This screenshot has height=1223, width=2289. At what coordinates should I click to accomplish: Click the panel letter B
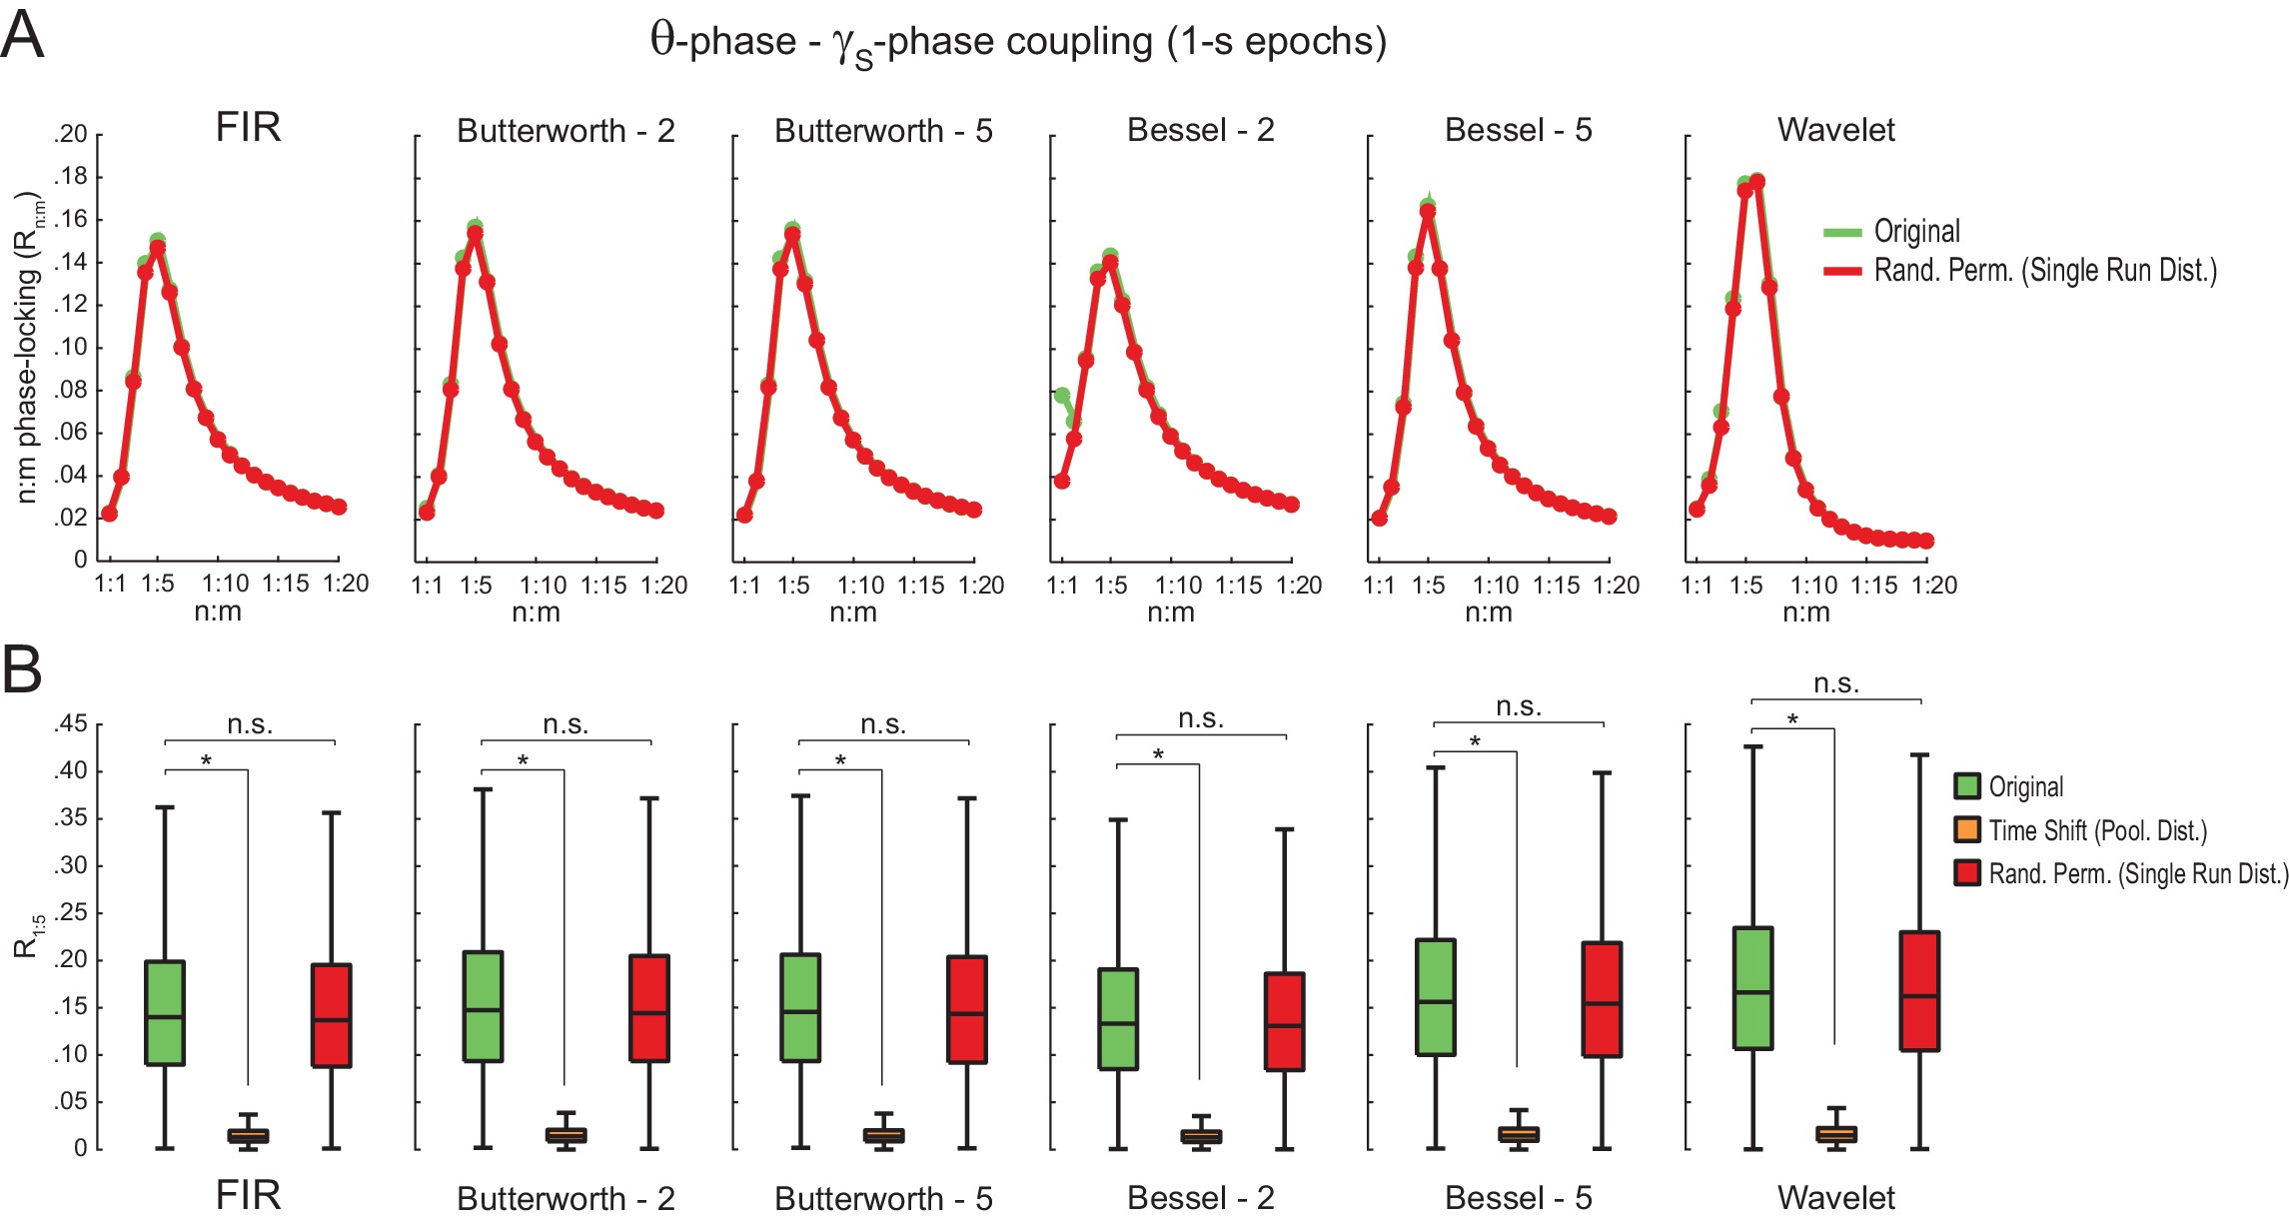(x=22, y=669)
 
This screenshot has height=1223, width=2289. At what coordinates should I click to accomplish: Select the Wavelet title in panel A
(x=1835, y=130)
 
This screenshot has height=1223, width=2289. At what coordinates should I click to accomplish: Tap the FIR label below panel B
(x=248, y=1195)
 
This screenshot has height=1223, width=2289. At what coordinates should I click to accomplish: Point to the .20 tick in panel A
(x=70, y=134)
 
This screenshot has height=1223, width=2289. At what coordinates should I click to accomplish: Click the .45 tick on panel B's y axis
(x=70, y=723)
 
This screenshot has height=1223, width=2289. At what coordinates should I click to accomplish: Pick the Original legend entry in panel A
(x=1915, y=232)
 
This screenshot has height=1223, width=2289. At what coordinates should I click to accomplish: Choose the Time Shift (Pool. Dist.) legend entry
(x=2096, y=830)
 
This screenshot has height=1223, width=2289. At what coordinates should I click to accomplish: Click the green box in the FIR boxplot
(x=165, y=1012)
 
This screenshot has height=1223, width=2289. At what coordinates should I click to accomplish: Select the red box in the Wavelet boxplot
(x=1919, y=990)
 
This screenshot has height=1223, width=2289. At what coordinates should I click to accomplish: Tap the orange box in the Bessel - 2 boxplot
(x=1201, y=1136)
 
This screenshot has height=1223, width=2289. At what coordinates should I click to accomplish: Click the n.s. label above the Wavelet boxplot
(x=1836, y=684)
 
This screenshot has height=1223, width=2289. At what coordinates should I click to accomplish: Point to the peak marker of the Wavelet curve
(x=1757, y=182)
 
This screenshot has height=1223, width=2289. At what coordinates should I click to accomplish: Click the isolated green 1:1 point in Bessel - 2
(x=1062, y=396)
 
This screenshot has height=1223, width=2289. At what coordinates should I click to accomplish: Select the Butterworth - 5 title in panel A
(x=883, y=131)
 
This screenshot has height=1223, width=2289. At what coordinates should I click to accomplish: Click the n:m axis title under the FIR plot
(x=218, y=611)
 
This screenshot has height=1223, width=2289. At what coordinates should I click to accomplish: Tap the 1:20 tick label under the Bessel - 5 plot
(x=1616, y=585)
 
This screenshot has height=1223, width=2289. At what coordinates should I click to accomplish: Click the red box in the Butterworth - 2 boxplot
(x=649, y=1008)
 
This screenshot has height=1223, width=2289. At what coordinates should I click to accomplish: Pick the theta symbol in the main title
(x=662, y=40)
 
